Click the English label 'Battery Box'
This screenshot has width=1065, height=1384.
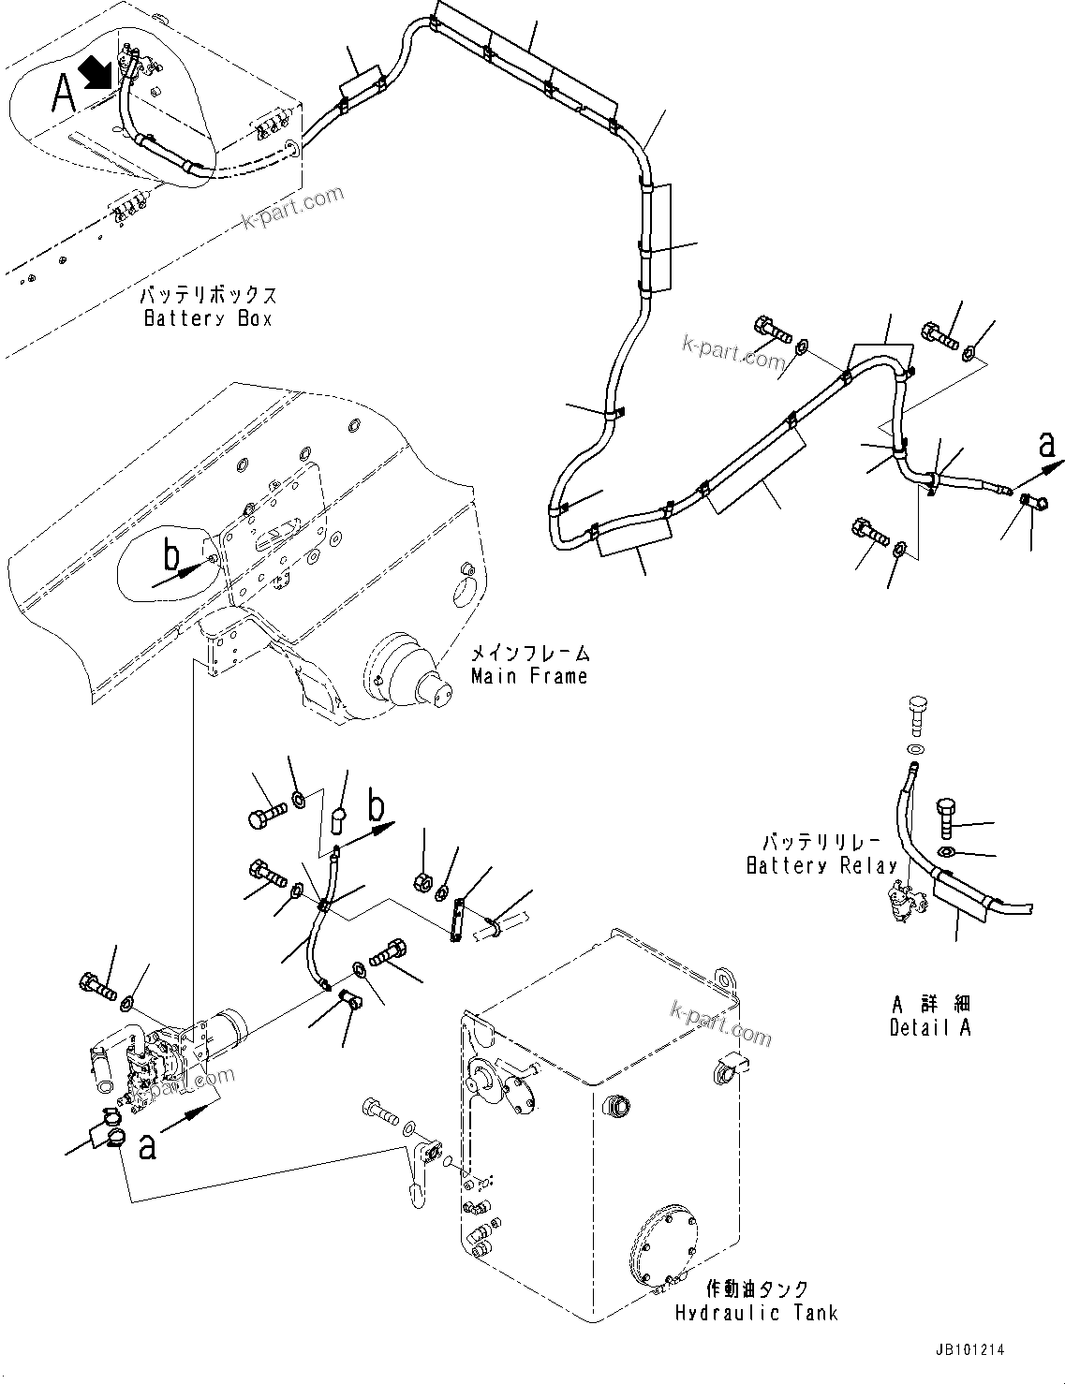[207, 318]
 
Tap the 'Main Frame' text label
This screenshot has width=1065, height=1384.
[529, 676]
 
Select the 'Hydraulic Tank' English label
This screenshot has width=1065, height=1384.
[756, 1313]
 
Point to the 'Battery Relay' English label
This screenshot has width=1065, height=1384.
[821, 866]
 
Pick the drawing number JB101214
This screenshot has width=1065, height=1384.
[968, 1350]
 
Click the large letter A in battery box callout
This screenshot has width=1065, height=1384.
[64, 94]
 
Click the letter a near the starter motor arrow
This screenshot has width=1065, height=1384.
[147, 1146]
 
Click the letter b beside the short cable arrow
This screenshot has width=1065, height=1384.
[376, 805]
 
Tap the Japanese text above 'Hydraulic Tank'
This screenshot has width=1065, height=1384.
[756, 1289]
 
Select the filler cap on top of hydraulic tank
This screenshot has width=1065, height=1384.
[618, 1105]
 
